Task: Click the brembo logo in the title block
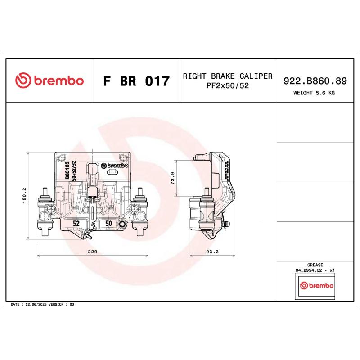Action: tap(49, 81)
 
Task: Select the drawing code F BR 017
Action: tap(136, 81)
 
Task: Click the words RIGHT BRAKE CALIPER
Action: tap(227, 76)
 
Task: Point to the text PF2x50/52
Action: tap(227, 85)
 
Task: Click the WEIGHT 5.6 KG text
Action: tap(314, 93)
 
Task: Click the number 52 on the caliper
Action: tap(76, 223)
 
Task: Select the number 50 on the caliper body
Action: tap(108, 223)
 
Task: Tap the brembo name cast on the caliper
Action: tap(115, 165)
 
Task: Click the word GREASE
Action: tap(315, 265)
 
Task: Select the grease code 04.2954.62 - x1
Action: tap(315, 270)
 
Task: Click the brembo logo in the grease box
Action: tap(316, 286)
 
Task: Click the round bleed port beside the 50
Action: tap(121, 225)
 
